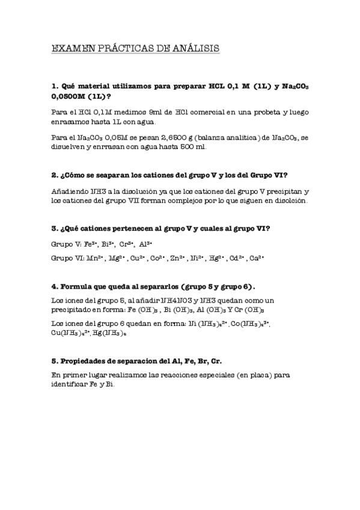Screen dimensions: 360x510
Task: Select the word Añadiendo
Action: click(71, 191)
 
